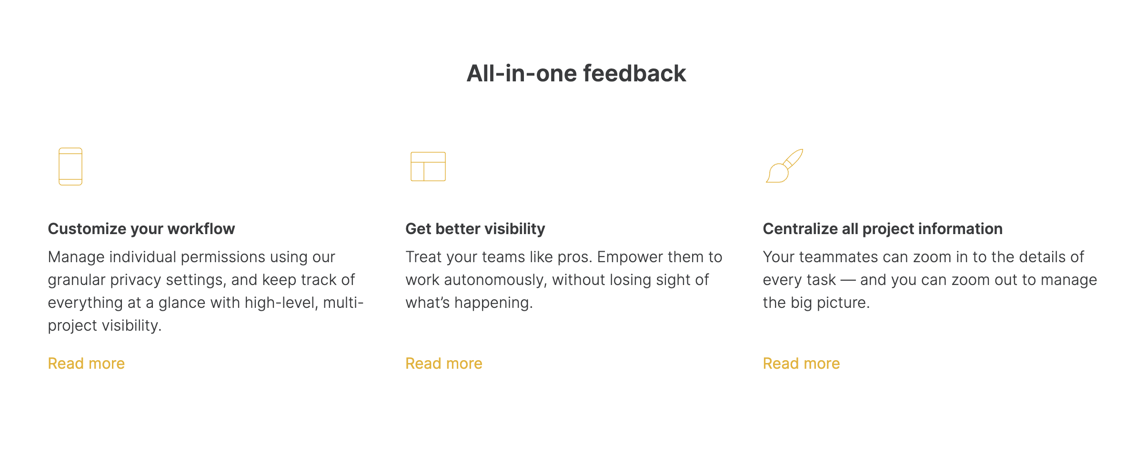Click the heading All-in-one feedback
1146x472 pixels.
576,73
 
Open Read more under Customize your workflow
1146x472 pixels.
86,364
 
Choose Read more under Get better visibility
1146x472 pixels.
444,364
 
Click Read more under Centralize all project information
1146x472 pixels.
801,364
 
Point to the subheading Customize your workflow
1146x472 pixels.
141,229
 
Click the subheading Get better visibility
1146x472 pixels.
475,229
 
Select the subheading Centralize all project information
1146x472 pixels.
883,229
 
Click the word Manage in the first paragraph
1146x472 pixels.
76,257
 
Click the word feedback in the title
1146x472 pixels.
634,73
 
